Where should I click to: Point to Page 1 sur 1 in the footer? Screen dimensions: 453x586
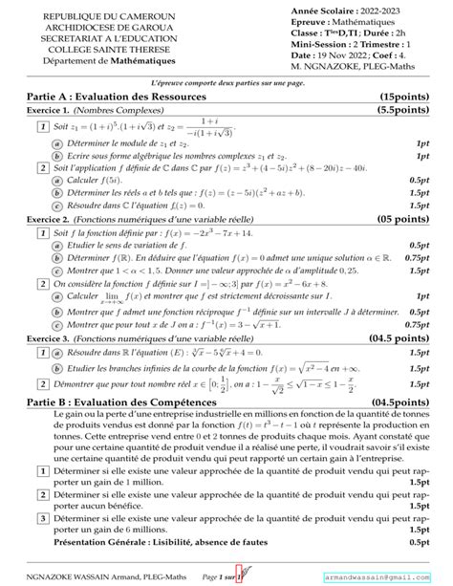pos(226,577)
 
